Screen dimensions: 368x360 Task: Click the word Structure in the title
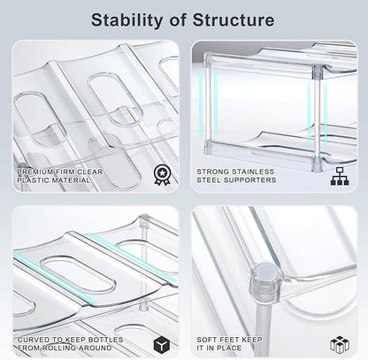234,20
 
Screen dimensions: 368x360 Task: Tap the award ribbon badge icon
162,175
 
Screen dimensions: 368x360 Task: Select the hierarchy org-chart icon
340,176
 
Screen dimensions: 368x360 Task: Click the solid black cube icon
162,344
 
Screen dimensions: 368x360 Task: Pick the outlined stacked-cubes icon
340,344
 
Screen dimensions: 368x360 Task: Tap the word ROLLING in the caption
59,348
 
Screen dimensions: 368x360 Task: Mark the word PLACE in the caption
229,348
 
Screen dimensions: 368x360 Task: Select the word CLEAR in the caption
89,172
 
